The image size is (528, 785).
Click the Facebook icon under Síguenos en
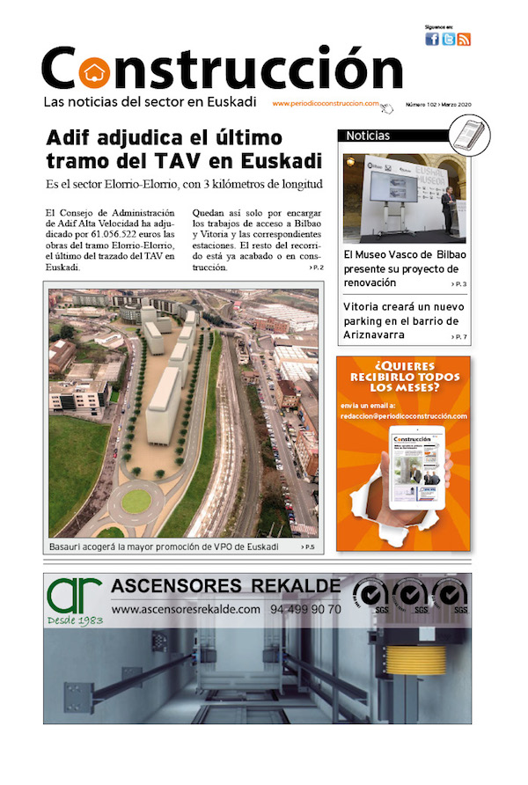(432, 39)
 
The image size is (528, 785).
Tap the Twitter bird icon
(448, 39)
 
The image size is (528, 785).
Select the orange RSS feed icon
(464, 39)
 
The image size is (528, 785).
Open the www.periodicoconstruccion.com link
(326, 103)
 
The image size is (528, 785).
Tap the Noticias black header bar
(392, 136)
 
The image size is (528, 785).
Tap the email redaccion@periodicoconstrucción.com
(403, 416)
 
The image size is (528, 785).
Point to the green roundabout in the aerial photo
(136, 501)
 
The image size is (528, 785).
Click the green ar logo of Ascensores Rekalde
(75, 596)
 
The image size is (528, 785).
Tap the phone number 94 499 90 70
(306, 609)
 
